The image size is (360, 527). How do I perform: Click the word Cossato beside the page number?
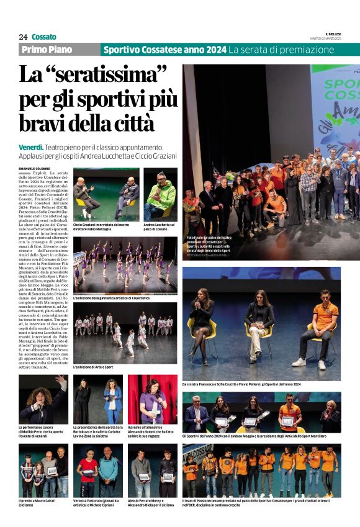(x=43, y=37)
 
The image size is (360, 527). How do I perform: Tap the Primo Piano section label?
(x=47, y=50)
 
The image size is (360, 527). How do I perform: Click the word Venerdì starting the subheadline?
(x=31, y=147)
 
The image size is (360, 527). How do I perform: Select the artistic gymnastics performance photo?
(x=125, y=264)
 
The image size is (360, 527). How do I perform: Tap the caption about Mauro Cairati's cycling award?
(x=40, y=501)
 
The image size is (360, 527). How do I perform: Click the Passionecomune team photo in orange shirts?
(x=261, y=471)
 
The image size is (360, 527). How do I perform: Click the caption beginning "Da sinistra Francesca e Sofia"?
(x=241, y=385)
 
